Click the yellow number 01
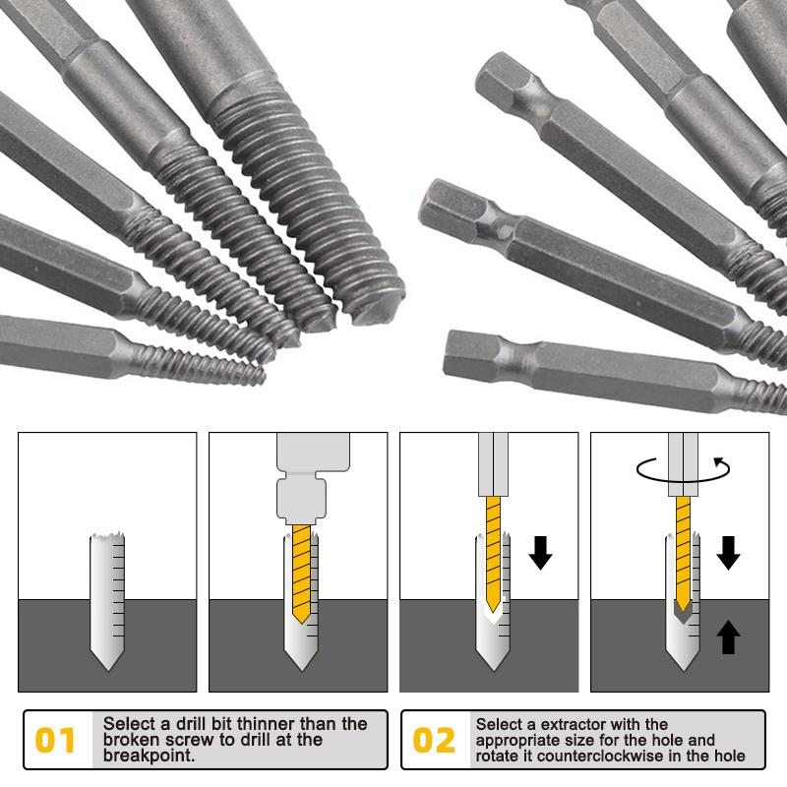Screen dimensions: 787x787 (56, 740)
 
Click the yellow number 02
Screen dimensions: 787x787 (434, 740)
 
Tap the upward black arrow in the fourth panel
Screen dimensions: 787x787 (728, 636)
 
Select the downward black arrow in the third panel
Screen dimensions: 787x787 (540, 554)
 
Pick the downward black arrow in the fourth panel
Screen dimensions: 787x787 (728, 554)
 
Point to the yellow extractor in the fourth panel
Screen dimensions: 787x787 (683, 546)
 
